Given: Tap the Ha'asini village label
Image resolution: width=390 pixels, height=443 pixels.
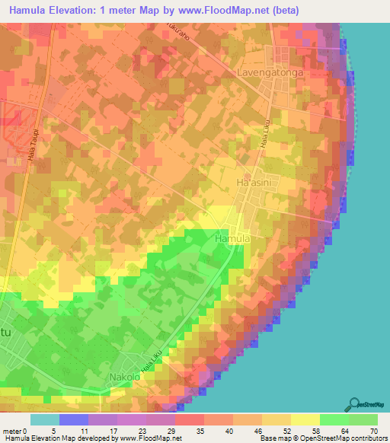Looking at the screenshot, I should click(254, 183).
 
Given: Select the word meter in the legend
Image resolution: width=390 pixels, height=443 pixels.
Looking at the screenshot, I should click(11, 431).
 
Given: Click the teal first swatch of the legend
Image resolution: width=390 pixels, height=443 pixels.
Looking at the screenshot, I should click(45, 419).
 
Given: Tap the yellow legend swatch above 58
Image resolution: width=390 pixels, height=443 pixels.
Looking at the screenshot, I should click(305, 419).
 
